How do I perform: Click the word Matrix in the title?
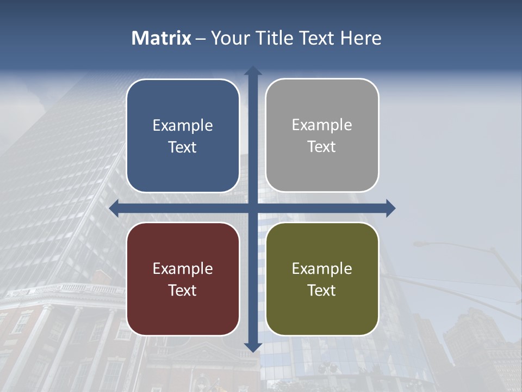[x=161, y=38]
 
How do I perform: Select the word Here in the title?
[x=361, y=38]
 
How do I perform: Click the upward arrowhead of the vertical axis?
[x=252, y=71]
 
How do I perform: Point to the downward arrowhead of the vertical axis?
[x=252, y=347]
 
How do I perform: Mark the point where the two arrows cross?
[x=252, y=208]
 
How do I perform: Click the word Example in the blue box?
[x=183, y=126]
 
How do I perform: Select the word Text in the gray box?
[x=322, y=147]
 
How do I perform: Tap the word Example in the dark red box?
[x=183, y=268]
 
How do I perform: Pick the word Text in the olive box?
[x=322, y=290]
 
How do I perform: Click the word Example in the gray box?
[x=322, y=125]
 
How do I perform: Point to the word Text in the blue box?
[x=183, y=148]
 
